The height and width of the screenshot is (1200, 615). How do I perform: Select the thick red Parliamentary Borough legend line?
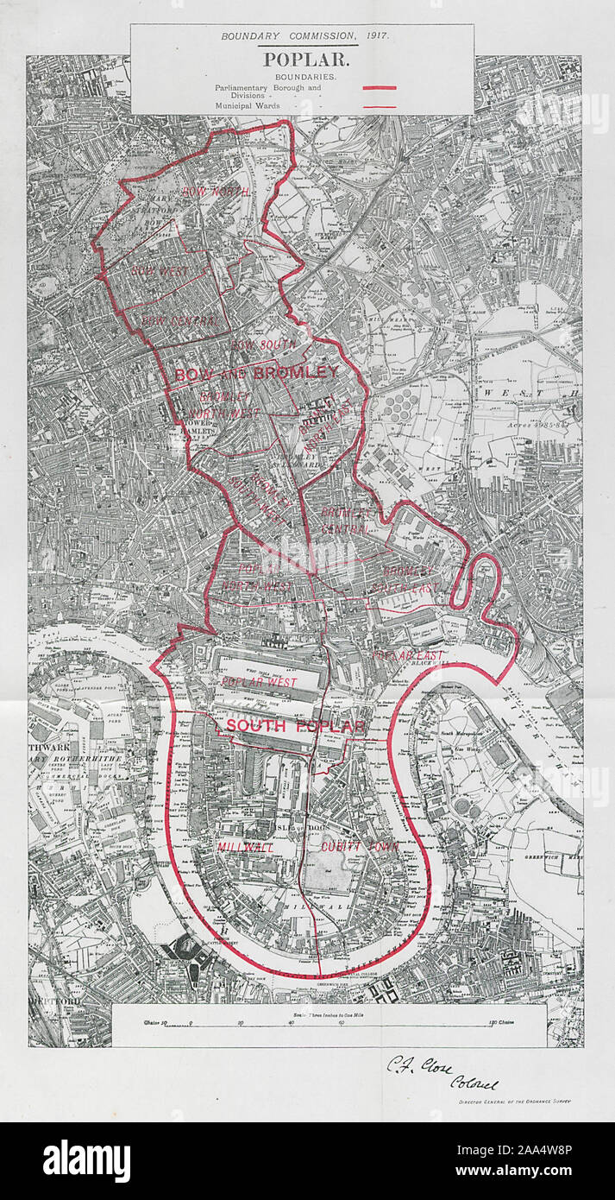pyautogui.click(x=379, y=88)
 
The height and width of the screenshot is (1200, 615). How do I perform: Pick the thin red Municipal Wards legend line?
pyautogui.click(x=379, y=106)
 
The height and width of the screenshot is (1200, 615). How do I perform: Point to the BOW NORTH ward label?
pyautogui.click(x=216, y=192)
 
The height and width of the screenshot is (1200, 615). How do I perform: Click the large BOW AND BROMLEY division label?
pyautogui.click(x=255, y=374)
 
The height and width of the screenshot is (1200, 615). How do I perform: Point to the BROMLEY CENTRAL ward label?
pyautogui.click(x=346, y=520)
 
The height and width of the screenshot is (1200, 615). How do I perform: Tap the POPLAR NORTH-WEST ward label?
pyautogui.click(x=266, y=578)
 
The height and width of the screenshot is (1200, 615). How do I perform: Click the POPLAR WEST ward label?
pyautogui.click(x=258, y=682)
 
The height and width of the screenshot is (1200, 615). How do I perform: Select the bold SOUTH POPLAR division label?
pyautogui.click(x=296, y=726)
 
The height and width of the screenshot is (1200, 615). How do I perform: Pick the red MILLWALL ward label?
pyautogui.click(x=245, y=848)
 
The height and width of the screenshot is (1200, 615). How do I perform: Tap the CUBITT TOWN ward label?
pyautogui.click(x=360, y=847)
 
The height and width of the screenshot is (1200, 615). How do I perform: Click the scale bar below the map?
pyautogui.click(x=329, y=1025)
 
